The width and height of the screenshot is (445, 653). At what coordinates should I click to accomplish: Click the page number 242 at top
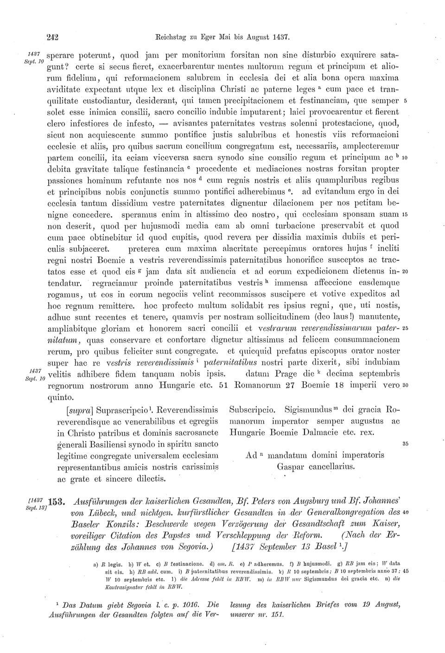[54, 35]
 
